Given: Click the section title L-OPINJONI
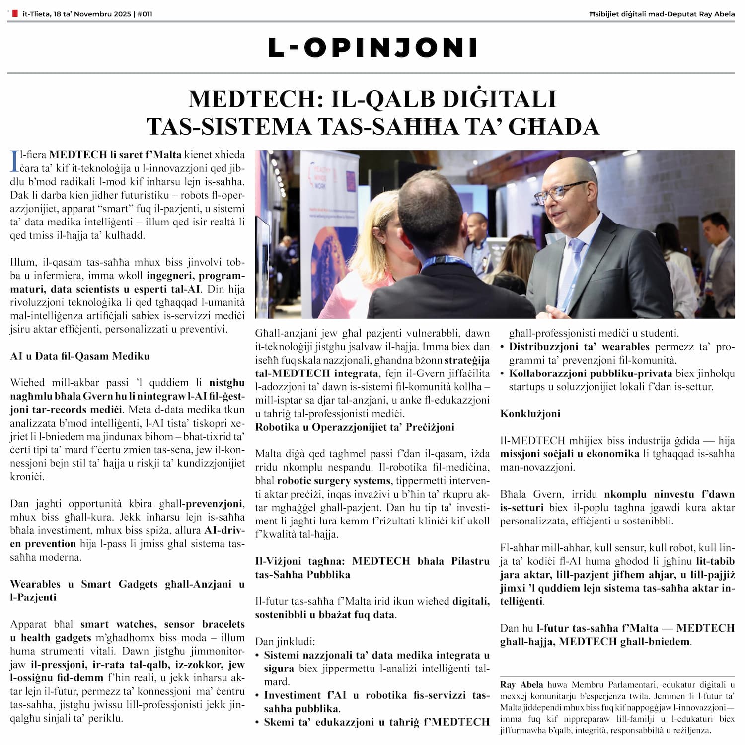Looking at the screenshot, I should click(x=372, y=48).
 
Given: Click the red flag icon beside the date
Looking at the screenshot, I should click(x=15, y=14).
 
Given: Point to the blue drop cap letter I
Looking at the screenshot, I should click(x=14, y=161).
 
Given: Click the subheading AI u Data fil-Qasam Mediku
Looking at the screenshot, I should click(x=79, y=356).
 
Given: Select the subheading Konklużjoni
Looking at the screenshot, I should click(x=530, y=414).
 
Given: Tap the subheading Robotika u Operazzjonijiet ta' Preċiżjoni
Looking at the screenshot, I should click(x=355, y=427).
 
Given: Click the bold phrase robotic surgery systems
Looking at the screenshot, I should click(x=334, y=481).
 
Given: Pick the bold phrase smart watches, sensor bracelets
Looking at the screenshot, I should click(x=162, y=624).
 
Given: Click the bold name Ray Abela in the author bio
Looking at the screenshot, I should click(x=521, y=685).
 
